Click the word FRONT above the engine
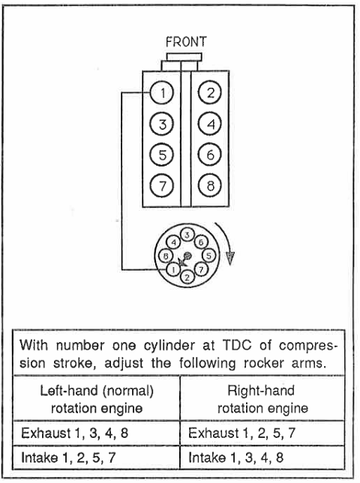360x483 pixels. pyautogui.click(x=186, y=42)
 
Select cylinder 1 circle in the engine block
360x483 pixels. pyautogui.click(x=162, y=93)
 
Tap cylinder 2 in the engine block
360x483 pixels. pyautogui.click(x=210, y=93)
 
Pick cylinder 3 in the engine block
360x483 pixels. pyautogui.click(x=162, y=124)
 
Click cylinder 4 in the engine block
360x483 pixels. pyautogui.click(x=210, y=124)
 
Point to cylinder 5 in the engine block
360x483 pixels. pyautogui.click(x=162, y=154)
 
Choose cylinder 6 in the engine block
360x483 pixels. pyautogui.click(x=210, y=154)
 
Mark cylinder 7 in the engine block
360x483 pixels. pyautogui.click(x=162, y=186)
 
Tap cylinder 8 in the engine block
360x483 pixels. pyautogui.click(x=210, y=186)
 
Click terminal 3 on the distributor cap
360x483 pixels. pyautogui.click(x=187, y=235)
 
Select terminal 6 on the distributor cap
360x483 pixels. pyautogui.click(x=201, y=242)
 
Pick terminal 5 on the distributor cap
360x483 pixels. pyautogui.click(x=208, y=256)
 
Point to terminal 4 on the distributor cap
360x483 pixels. pyautogui.click(x=174, y=242)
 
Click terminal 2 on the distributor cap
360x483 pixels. pyautogui.click(x=187, y=277)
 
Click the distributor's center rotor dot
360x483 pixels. pyautogui.click(x=187, y=255)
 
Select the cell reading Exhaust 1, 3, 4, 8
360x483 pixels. pyautogui.click(x=97, y=433)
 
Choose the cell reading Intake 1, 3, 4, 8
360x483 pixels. pyautogui.click(x=262, y=457)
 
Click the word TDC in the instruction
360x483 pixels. pyautogui.click(x=236, y=346)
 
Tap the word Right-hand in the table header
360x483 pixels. pyautogui.click(x=261, y=391)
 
